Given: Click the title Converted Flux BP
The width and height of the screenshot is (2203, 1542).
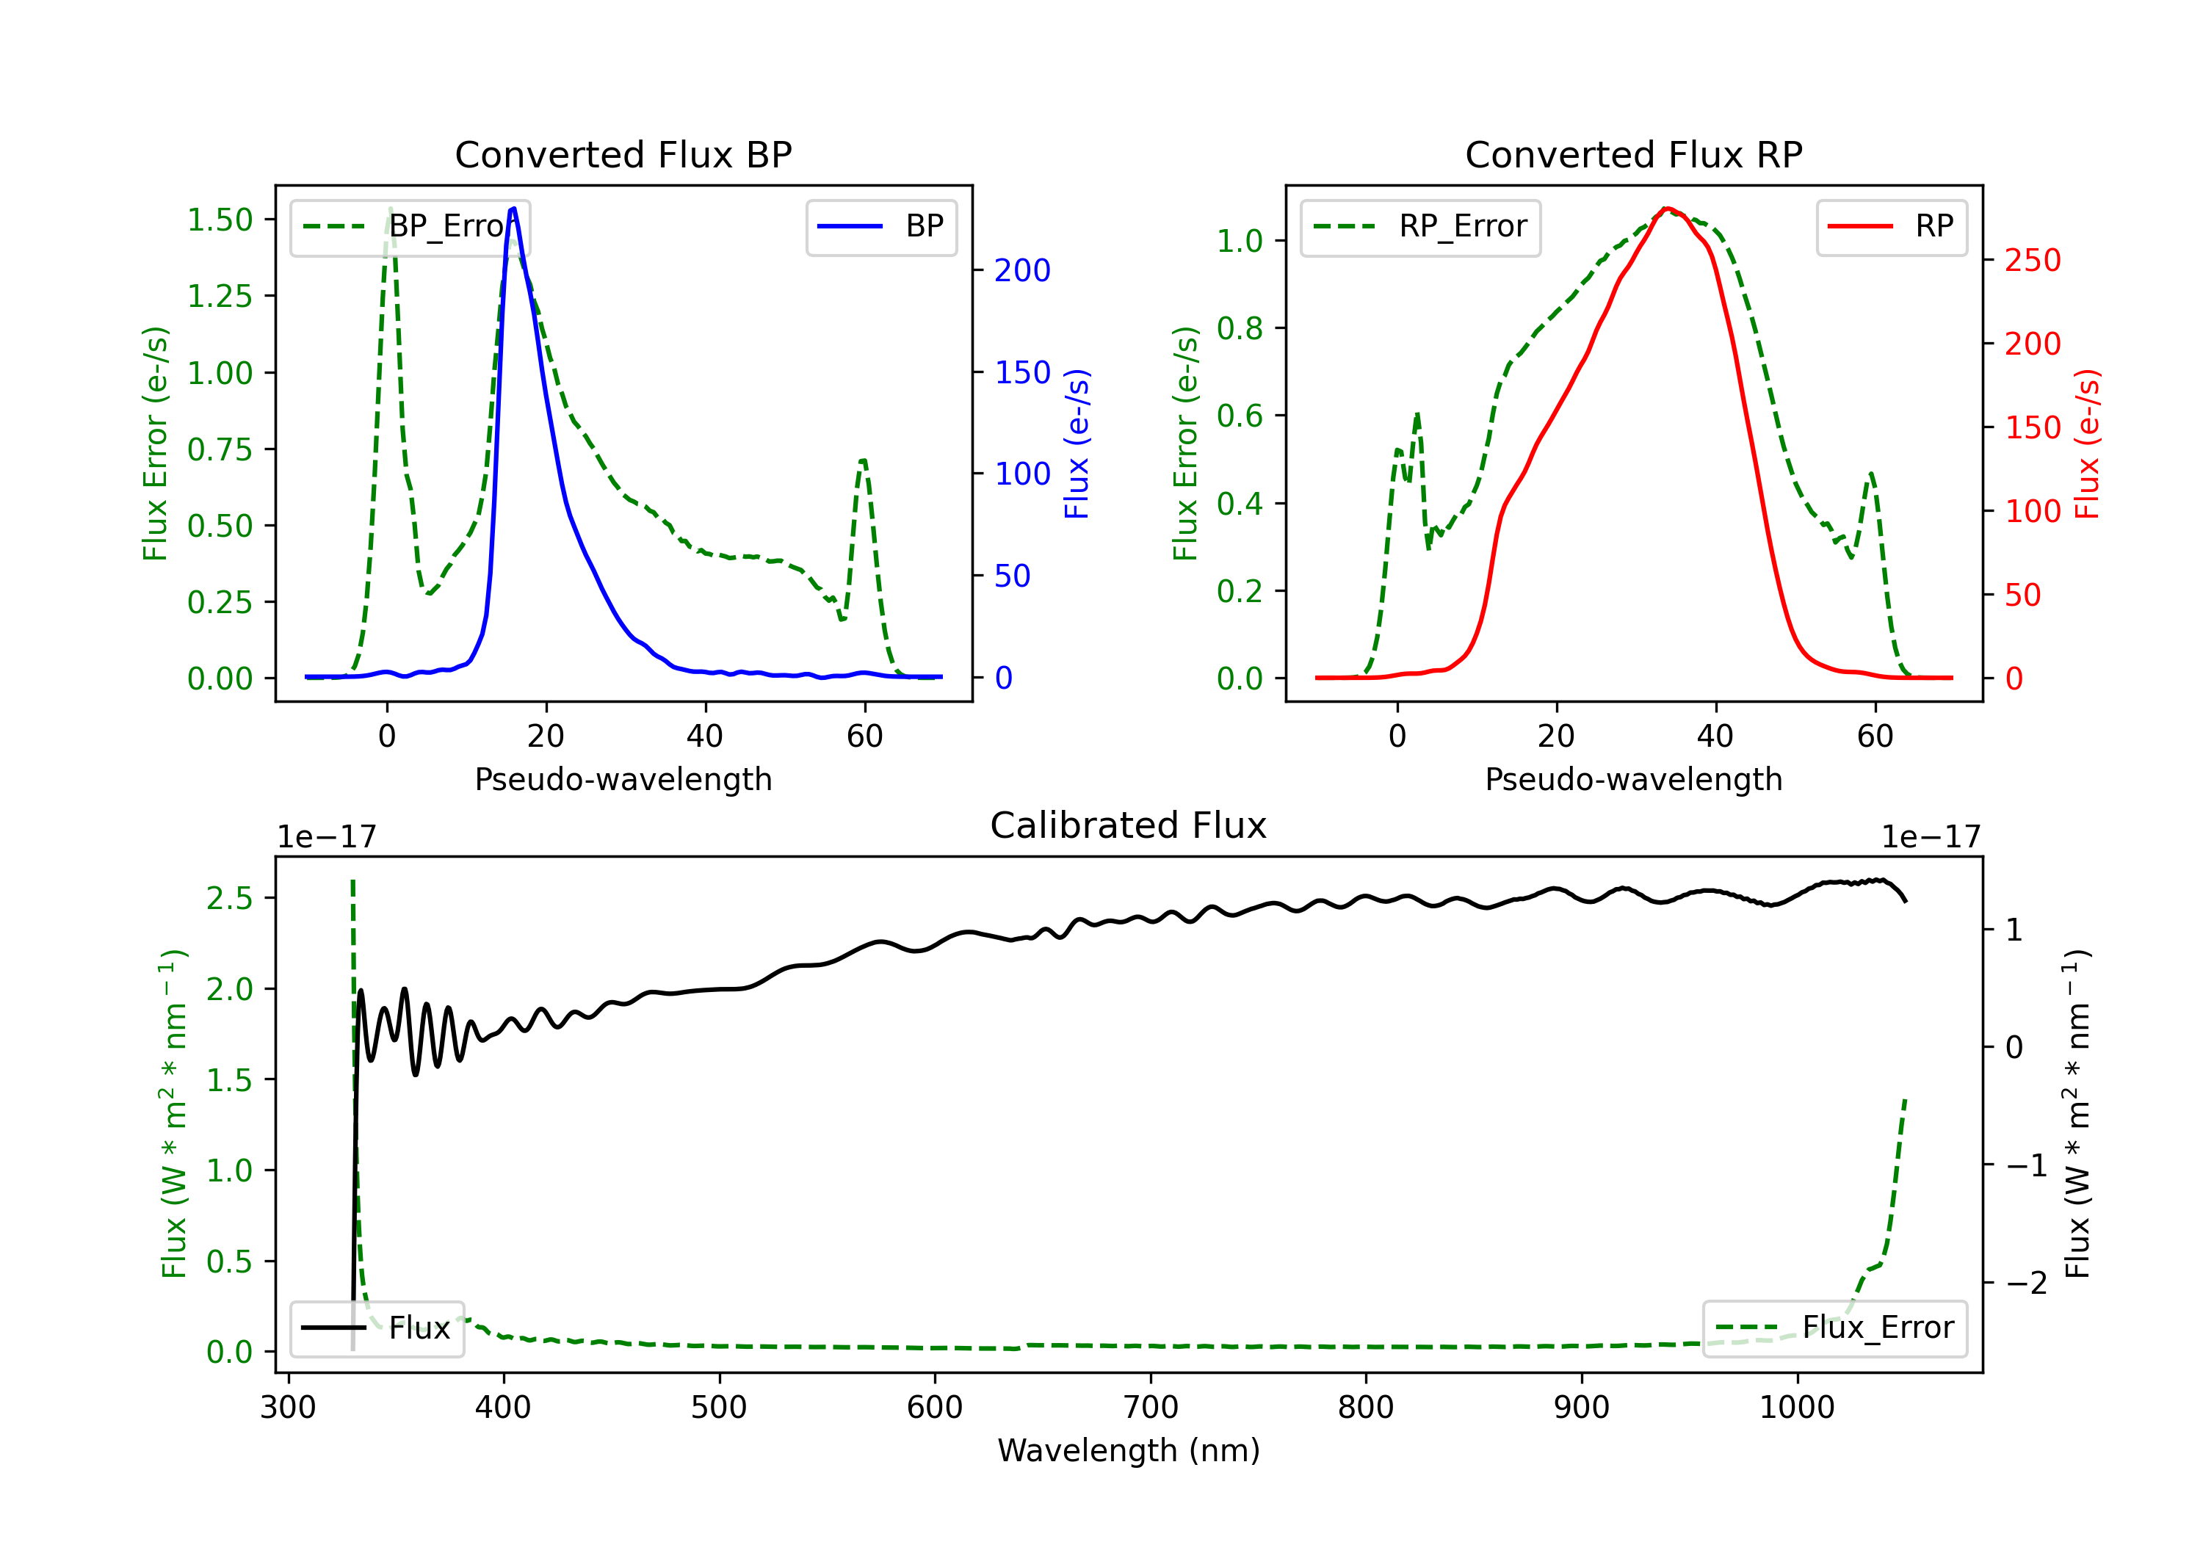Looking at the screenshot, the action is point(623,154).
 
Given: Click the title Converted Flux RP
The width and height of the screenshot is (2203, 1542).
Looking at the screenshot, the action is point(1633,154).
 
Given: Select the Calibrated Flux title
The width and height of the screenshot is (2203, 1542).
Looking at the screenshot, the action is point(1129,825).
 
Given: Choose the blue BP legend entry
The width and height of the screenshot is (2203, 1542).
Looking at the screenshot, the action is point(880,226).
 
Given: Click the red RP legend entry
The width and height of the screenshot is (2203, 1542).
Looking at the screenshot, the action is point(1891,226).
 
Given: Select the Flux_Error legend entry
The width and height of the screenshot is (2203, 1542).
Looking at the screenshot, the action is point(1834,1328).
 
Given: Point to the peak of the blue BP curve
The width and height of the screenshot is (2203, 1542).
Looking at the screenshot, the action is point(514,209).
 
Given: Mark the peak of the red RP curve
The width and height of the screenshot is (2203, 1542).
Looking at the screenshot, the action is point(1667,209).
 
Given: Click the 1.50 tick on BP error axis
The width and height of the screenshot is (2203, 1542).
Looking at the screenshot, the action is point(220,220).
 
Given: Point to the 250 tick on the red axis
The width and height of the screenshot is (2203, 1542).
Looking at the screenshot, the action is point(2032,260).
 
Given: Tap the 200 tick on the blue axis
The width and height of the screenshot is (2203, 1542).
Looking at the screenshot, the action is point(1022,271).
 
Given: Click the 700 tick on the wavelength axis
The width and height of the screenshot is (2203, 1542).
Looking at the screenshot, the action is point(1149,1408).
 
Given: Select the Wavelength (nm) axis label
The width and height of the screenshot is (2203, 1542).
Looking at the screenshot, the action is point(1129,1451).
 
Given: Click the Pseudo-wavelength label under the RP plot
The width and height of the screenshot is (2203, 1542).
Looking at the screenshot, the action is point(1633,779).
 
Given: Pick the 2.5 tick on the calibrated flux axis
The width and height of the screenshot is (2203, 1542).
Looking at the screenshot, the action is point(229,898).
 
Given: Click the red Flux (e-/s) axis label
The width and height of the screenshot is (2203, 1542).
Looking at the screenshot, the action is point(2087,444).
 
